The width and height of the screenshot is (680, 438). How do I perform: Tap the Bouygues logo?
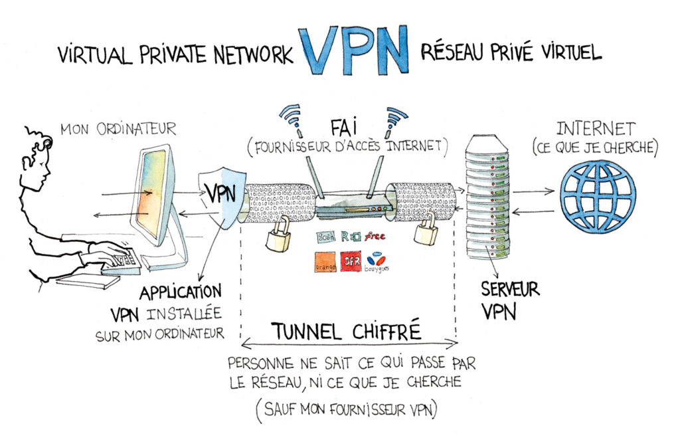pos(377,261)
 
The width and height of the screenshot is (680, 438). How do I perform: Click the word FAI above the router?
pos(345,126)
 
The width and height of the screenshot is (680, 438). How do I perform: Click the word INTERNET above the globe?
pos(596,128)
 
